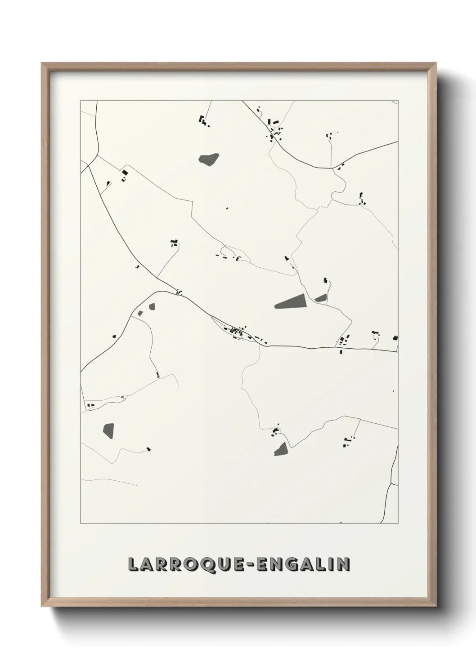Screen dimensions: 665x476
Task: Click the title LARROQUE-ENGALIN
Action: pyautogui.click(x=239, y=564)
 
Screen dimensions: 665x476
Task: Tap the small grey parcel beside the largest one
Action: pyautogui.click(x=321, y=297)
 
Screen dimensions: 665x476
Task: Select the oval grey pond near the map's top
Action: pyautogui.click(x=209, y=159)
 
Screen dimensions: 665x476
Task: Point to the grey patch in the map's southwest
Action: pyautogui.click(x=108, y=431)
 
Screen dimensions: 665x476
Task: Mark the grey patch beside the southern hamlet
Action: pyautogui.click(x=280, y=448)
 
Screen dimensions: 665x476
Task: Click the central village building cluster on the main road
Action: pyautogui.click(x=238, y=332)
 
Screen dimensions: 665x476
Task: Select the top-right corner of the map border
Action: pyautogui.click(x=398, y=101)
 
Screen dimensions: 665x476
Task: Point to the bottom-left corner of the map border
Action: pyautogui.click(x=81, y=523)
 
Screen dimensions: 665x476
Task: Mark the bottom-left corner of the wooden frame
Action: pyautogui.click(x=43, y=605)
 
